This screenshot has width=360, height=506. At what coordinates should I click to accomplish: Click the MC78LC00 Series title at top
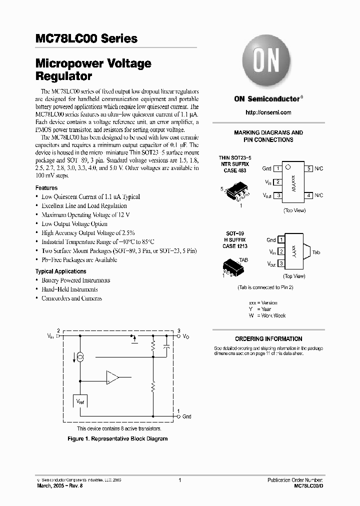click(x=86, y=39)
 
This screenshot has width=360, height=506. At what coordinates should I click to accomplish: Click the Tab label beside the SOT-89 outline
click(x=316, y=253)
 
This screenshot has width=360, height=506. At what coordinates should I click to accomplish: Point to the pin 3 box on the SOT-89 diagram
click(x=281, y=263)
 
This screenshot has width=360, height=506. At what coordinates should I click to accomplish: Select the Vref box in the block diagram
click(x=80, y=401)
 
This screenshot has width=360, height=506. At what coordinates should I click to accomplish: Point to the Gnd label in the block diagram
click(x=186, y=416)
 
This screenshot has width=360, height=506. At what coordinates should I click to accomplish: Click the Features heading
click(x=46, y=188)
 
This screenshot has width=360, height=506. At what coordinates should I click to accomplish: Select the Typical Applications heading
click(x=60, y=271)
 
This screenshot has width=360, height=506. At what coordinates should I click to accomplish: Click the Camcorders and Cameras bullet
click(x=71, y=298)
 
